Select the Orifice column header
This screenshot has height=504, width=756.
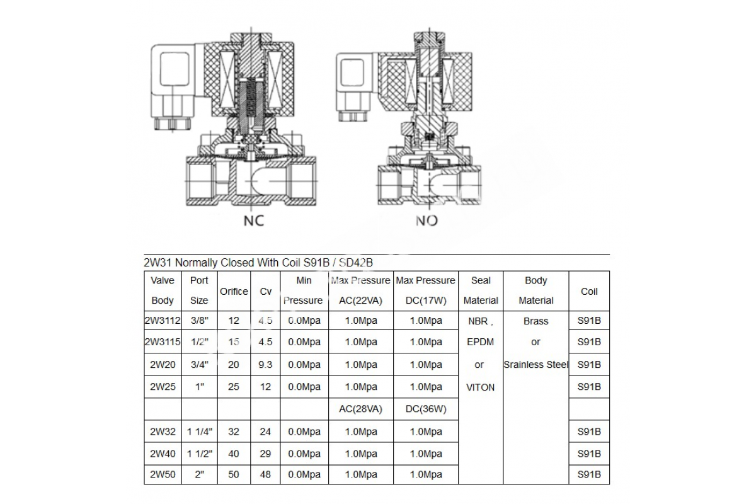pos(234,291)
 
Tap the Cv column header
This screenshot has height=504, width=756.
pos(265,291)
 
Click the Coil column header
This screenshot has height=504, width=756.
pos(589,291)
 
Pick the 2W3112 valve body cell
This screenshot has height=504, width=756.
pos(163,320)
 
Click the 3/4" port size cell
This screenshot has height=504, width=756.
pos(199,364)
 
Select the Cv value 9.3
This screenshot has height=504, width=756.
pos(265,364)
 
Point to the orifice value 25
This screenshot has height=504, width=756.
pos(234,386)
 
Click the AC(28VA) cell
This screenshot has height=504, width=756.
pos(360,408)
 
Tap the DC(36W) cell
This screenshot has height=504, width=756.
pos(425,408)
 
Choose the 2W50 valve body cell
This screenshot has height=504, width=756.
pos(163,474)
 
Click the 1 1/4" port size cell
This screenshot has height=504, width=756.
pos(200,432)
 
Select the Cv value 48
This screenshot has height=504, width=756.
pos(265,474)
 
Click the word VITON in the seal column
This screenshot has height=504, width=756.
pos(480,387)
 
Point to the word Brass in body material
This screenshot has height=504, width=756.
pos(535,321)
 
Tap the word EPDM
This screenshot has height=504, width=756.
pos(480,342)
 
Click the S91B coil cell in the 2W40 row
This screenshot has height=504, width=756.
pos(589,454)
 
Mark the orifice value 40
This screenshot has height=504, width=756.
pos(234,454)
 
